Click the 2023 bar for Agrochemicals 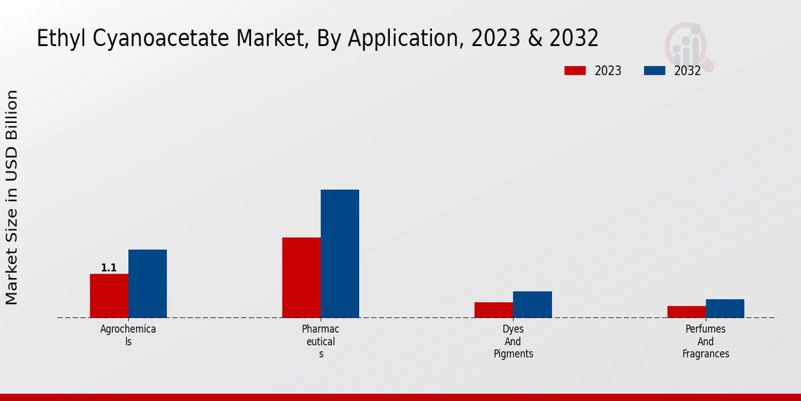point(109,295)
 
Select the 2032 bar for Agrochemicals point(148,283)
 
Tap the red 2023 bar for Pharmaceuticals point(301,277)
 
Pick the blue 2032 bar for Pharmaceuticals point(340,253)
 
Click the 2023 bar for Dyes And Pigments point(494,309)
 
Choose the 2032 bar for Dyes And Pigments point(533,304)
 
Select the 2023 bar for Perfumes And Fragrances point(686,311)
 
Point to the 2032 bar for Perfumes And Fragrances point(725,308)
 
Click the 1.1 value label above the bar point(109,268)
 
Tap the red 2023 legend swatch point(575,71)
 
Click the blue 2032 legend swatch point(654,71)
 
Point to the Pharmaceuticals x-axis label point(320,342)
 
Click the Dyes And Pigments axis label point(513,342)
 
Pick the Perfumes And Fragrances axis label point(706,342)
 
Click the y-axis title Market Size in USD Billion point(12,198)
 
